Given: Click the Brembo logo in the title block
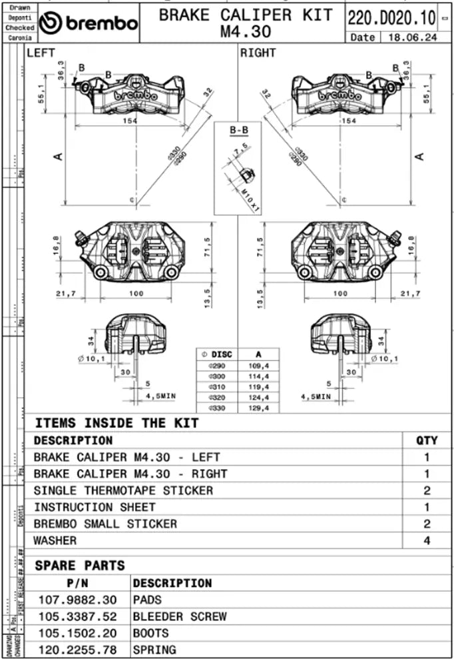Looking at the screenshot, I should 89,23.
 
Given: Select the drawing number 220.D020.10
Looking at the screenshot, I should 392,17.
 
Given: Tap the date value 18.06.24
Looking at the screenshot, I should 413,38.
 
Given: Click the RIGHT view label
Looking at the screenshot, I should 258,53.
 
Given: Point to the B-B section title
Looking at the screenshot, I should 238,131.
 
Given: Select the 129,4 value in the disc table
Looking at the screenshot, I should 257,407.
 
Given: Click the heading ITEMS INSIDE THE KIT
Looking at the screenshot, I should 116,422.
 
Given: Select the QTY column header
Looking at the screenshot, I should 427,440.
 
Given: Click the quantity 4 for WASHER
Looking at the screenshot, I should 427,540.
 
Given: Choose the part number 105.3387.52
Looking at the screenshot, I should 77,616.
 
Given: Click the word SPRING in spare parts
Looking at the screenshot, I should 155,650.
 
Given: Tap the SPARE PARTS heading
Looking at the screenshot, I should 79,566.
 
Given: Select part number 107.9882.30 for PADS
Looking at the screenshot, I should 77,600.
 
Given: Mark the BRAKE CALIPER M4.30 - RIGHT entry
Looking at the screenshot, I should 130,474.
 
